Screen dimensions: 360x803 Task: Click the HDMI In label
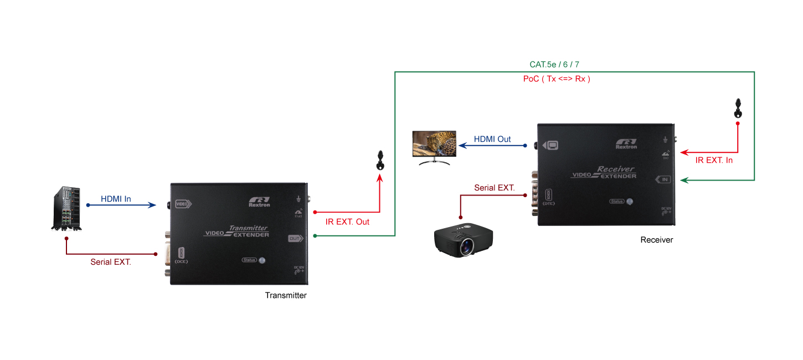point(116,199)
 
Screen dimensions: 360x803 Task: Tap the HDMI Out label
point(492,139)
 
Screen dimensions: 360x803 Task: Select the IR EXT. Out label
point(347,222)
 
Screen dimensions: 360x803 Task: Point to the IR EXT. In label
point(714,160)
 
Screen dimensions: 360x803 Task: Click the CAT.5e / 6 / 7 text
point(554,64)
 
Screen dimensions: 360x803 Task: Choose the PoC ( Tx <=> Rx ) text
point(557,79)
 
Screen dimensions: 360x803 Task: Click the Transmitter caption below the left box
point(286,295)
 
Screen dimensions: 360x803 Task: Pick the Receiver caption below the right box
point(657,240)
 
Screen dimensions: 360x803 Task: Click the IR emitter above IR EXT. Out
point(380,161)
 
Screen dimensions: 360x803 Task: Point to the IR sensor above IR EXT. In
point(738,109)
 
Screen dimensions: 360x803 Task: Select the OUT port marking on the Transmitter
point(295,239)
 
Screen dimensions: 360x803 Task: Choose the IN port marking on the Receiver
point(663,179)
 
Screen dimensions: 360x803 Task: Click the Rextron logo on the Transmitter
point(259,201)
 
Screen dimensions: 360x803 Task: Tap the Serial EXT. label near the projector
point(495,188)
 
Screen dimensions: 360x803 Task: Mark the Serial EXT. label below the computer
point(111,262)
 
